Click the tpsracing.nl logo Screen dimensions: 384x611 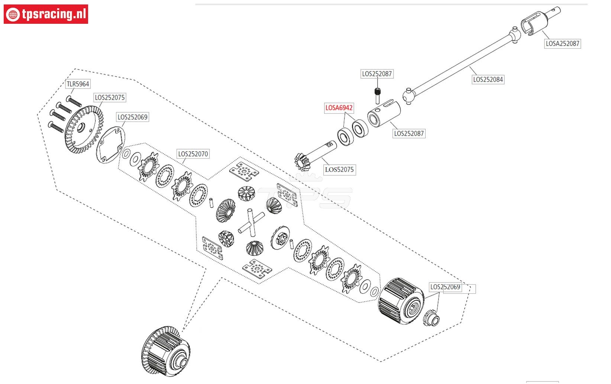tap(46, 14)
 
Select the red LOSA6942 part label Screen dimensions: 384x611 tap(339, 108)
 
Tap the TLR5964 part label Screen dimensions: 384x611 tap(78, 84)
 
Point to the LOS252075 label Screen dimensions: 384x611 tap(110, 97)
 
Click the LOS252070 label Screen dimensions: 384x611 tap(193, 154)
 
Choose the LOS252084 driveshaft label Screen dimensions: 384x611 tap(488, 79)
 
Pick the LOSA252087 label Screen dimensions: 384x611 tap(562, 43)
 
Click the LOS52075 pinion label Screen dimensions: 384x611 tap(339, 170)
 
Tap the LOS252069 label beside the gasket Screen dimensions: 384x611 tap(132, 117)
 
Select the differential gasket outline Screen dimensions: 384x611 tap(110, 145)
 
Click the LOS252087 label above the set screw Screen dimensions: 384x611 tap(377, 74)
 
